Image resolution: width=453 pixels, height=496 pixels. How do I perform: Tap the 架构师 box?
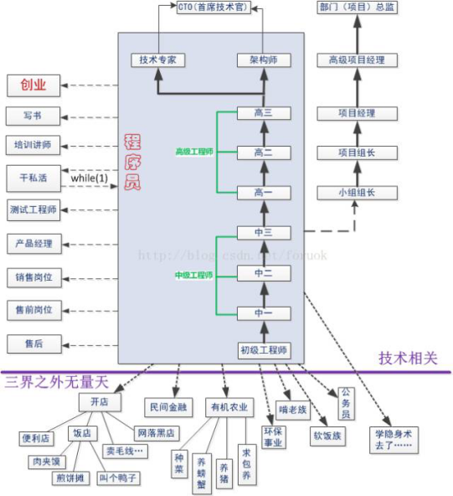[264, 60]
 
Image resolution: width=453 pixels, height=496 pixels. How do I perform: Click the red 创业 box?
[33, 85]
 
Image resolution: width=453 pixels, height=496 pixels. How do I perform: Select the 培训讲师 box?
[33, 145]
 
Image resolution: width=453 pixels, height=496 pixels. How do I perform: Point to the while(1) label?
[90, 178]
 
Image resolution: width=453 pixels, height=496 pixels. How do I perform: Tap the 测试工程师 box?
[33, 209]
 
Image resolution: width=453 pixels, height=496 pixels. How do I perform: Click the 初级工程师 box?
[264, 350]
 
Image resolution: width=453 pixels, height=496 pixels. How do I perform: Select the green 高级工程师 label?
[194, 152]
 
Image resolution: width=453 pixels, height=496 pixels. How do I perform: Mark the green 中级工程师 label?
[194, 274]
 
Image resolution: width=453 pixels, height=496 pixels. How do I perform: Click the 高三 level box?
[264, 112]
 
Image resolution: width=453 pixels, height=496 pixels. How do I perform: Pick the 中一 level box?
[264, 313]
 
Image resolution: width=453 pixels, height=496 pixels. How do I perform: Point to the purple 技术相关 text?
[408, 358]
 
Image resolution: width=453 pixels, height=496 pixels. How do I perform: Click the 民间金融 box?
[170, 407]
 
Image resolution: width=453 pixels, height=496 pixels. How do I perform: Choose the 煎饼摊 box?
[71, 478]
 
